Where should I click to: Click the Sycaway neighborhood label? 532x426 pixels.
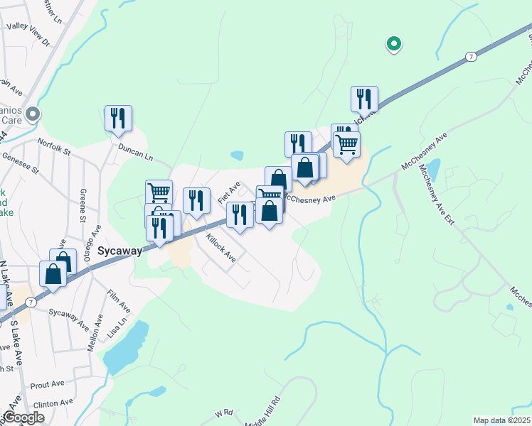(120, 251)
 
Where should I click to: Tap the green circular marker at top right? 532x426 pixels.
(393, 44)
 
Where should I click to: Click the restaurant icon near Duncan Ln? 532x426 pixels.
(119, 119)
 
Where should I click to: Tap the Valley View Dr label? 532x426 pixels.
(28, 34)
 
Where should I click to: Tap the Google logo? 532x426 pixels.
(23, 417)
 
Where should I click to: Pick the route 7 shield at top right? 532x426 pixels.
(471, 56)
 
